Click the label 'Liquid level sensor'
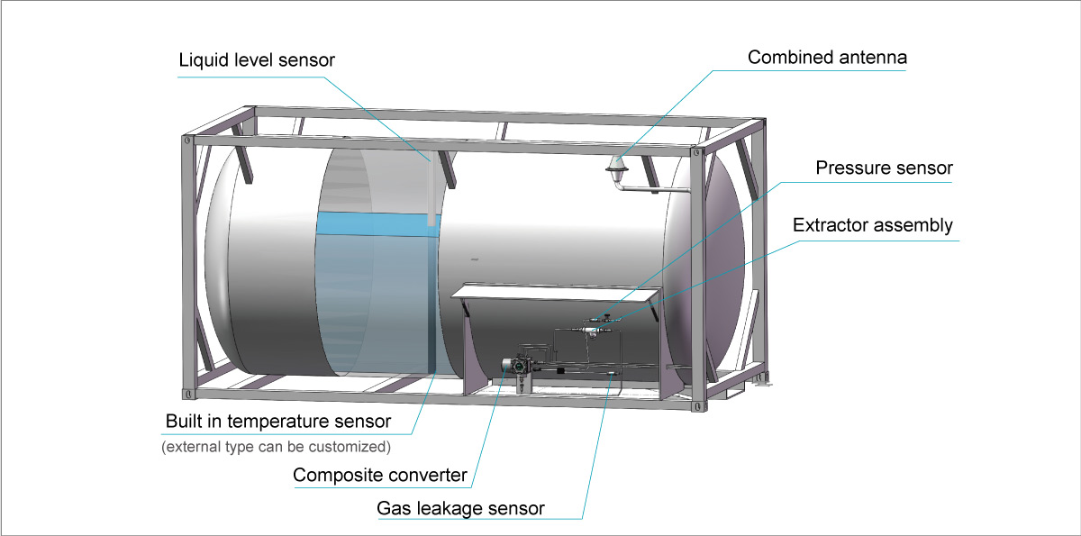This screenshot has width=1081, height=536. coord(257,60)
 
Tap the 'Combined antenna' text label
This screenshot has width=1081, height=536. coord(827,58)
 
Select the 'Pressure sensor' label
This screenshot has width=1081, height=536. coord(884,168)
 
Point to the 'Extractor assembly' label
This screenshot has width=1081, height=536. coord(872,225)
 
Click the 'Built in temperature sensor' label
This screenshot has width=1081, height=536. coord(278,422)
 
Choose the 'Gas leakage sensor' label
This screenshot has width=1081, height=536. coord(460,508)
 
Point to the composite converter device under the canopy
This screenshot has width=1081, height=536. coord(520,366)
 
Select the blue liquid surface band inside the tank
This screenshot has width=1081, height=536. coord(374,223)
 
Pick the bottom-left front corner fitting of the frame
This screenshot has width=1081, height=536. coord(188,394)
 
